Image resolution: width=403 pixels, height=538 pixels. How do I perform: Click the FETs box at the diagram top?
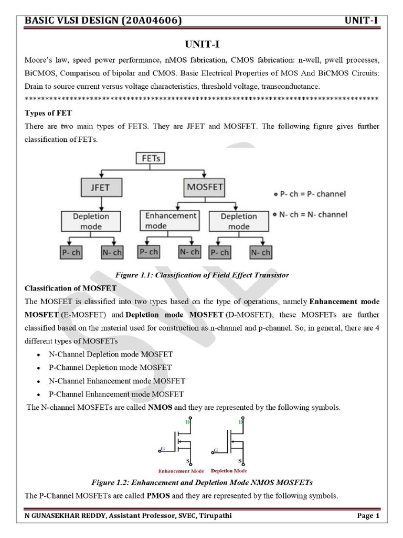coord(151,158)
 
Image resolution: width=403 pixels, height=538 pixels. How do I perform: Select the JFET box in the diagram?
coord(100,187)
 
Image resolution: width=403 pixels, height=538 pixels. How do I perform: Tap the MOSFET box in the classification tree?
coord(205,187)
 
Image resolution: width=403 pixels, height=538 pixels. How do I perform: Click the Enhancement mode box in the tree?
coord(170,221)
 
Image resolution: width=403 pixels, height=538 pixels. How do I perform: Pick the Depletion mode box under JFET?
coord(91,221)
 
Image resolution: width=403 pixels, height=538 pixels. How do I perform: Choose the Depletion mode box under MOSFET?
coord(239,221)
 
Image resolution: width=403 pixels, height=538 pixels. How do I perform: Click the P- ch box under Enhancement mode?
coord(149,252)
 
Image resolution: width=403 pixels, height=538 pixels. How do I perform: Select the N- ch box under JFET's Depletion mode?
coord(112,253)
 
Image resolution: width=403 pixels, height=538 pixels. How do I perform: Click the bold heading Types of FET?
coord(48,113)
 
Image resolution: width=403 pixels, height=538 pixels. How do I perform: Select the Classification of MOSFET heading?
coord(71,288)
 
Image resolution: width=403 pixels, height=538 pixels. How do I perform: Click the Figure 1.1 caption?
coord(201,275)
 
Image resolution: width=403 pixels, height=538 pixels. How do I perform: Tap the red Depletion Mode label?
coord(229,471)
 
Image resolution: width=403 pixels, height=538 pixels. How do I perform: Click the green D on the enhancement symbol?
coord(188,422)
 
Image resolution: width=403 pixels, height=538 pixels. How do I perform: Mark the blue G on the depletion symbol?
coord(216,450)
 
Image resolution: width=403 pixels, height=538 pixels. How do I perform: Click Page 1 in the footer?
coord(368,516)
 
